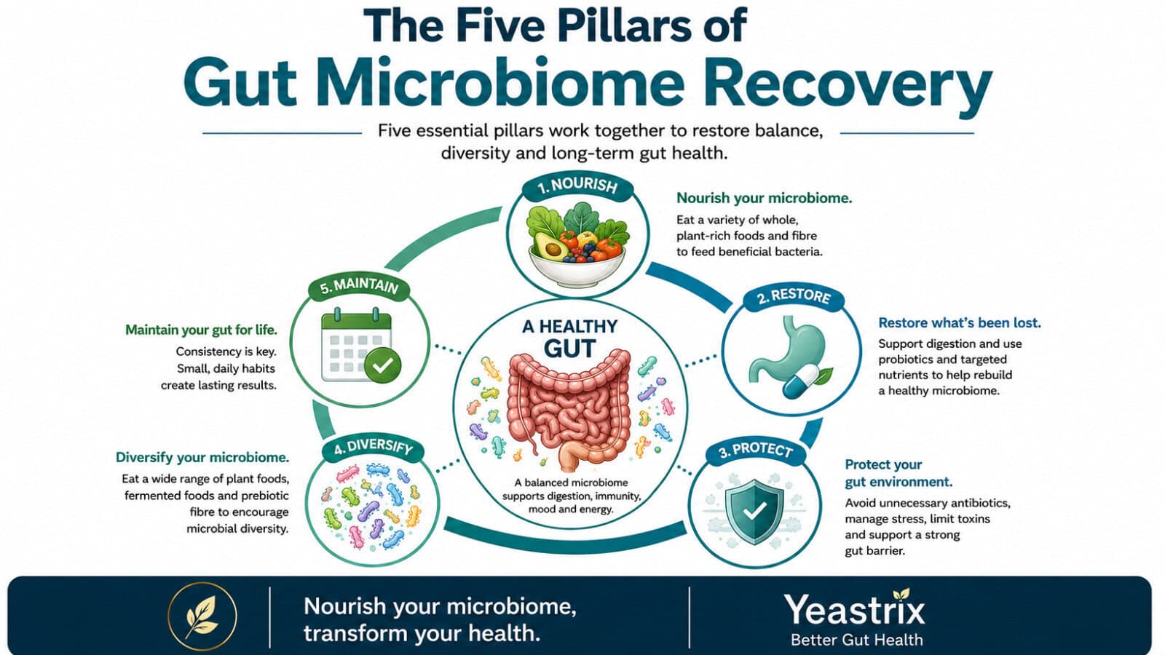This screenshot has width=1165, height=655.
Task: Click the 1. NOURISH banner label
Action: (x=578, y=186)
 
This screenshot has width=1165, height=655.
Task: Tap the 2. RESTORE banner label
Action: (x=794, y=297)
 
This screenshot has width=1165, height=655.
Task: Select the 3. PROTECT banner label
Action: (x=756, y=450)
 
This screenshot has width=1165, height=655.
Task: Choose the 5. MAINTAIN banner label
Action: (x=359, y=287)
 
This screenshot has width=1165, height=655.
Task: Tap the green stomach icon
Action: (x=786, y=348)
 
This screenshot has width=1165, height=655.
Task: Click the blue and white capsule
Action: (x=801, y=381)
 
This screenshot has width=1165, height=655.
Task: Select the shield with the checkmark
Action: (x=754, y=512)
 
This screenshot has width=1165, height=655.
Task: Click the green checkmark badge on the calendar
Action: (x=383, y=365)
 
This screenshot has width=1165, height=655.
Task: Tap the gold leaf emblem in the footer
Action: (x=202, y=616)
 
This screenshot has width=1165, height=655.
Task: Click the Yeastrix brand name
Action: (x=855, y=610)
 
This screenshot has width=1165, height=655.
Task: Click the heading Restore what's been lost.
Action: (x=960, y=323)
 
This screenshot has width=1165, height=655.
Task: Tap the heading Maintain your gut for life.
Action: (x=201, y=330)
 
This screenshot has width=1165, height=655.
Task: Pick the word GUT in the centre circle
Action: (x=569, y=349)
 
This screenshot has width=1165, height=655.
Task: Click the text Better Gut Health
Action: (x=856, y=640)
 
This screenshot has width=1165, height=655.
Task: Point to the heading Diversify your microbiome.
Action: (x=202, y=458)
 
